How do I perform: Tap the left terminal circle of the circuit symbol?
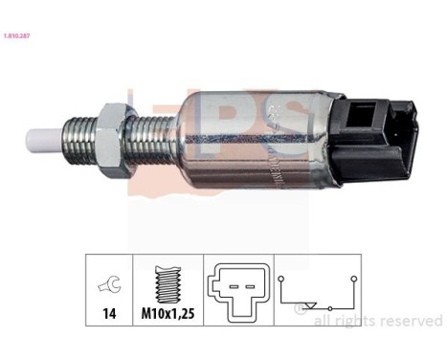(x=283, y=278)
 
